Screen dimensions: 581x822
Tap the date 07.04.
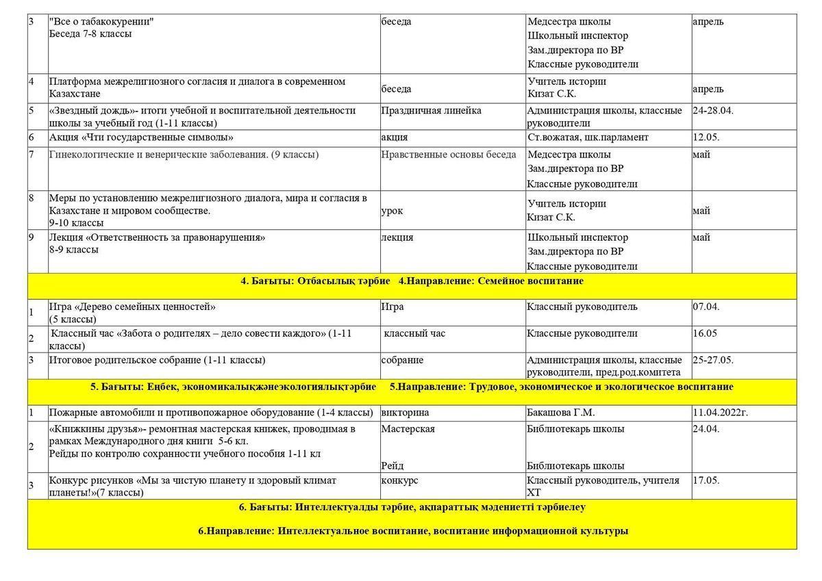[x=706, y=307]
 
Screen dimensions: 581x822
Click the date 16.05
[x=704, y=333]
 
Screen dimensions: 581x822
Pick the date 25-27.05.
[x=712, y=360]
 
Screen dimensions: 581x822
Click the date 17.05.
[x=706, y=480]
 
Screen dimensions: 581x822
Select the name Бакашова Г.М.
[x=560, y=413]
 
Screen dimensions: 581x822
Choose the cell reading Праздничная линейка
[x=431, y=111]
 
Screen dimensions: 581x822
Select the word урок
[x=392, y=211]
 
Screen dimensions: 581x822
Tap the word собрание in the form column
[x=402, y=360]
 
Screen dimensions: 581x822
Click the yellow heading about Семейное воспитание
[x=412, y=281]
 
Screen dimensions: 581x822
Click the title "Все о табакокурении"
[x=101, y=22]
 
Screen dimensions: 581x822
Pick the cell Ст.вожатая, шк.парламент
[x=587, y=138]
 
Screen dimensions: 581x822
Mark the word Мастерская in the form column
[x=408, y=429]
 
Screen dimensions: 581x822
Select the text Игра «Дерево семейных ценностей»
[x=132, y=307]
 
